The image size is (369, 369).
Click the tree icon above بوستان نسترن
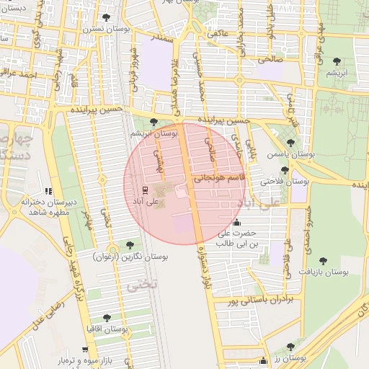click(x=107, y=17)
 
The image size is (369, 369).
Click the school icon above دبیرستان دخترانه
click(x=48, y=192)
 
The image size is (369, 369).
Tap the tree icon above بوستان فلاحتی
click(x=285, y=171)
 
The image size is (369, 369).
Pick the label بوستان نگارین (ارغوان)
click(x=130, y=257)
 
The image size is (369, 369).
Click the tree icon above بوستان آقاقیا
click(x=107, y=317)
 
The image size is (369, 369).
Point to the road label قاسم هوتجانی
click(x=221, y=175)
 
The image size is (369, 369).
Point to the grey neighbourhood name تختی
click(x=141, y=286)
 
